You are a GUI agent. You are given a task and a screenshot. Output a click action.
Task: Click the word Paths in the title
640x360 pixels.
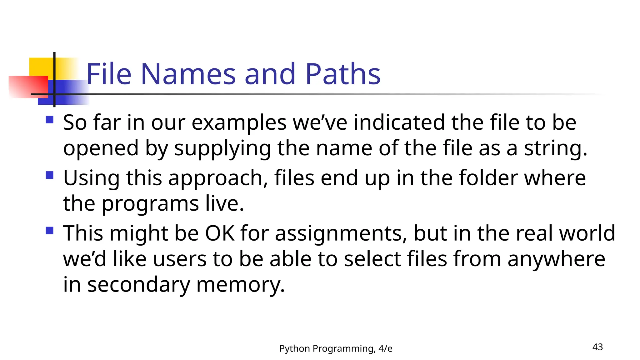[342, 74]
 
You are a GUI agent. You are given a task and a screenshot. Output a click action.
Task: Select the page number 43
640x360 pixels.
[597, 347]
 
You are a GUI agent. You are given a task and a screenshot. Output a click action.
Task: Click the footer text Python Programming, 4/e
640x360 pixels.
[336, 348]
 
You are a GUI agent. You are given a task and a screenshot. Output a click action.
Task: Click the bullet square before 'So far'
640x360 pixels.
[49, 120]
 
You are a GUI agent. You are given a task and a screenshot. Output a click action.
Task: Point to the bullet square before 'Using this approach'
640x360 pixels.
[49, 175]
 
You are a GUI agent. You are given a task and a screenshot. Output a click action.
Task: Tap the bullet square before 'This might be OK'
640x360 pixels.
[49, 231]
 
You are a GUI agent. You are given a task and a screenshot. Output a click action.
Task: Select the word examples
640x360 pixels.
[239, 122]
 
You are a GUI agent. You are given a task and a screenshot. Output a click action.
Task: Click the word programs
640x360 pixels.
[150, 204]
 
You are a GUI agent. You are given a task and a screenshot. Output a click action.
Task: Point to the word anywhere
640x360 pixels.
[556, 259]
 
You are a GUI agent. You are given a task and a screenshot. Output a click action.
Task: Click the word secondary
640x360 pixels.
[138, 285]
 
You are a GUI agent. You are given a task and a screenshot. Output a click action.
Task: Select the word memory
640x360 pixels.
[240, 285]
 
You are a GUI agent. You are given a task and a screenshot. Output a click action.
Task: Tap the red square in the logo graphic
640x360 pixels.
[28, 87]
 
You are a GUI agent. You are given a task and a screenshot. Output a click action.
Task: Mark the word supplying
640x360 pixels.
[222, 148]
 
